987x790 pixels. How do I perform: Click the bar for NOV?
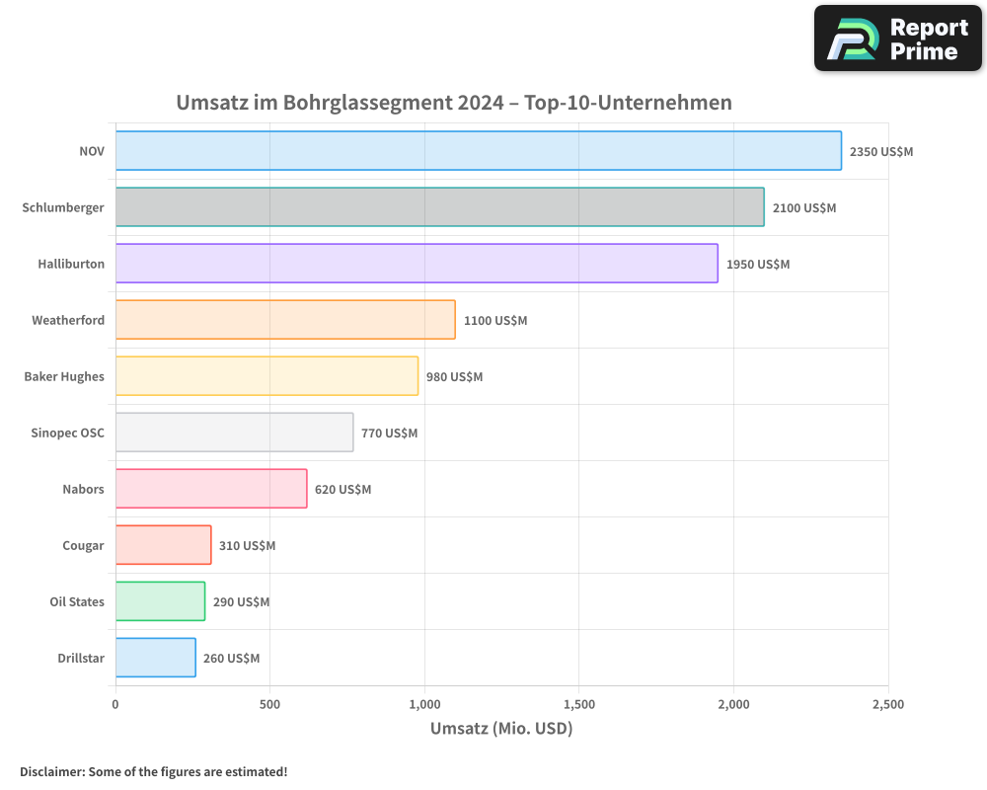point(478,151)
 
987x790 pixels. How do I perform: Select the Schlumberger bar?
point(439,207)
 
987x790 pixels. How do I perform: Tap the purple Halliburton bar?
point(417,264)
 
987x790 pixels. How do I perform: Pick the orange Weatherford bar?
point(285,320)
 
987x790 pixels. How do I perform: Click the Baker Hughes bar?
point(266,376)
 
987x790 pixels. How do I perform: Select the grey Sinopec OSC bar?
point(234,433)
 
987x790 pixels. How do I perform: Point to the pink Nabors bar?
point(211,489)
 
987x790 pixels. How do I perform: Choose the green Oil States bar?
point(160,601)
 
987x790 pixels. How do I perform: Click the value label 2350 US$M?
point(881,152)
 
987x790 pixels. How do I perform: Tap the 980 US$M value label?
point(454,377)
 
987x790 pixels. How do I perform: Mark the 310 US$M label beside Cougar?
point(247,546)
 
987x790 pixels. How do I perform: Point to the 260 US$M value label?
point(231,659)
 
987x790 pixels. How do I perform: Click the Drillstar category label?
point(81,659)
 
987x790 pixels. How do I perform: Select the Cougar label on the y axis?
point(83,546)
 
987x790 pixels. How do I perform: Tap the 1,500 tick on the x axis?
point(579,705)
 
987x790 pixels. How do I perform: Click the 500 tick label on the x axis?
point(269,705)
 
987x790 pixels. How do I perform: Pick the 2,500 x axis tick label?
point(887,705)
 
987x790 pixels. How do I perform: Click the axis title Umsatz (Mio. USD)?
point(501,729)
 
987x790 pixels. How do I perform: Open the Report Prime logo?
point(897,39)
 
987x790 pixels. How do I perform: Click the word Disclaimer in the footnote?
point(50,771)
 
